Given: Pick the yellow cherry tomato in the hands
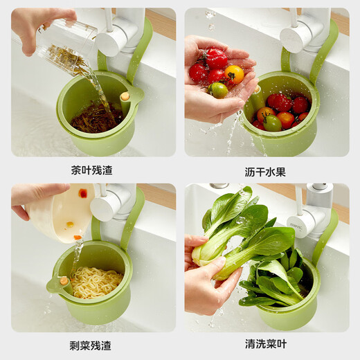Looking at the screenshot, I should pos(235,73).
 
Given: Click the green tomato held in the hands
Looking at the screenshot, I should pos(219,90).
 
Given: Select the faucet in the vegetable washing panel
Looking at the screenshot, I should pos(308,215).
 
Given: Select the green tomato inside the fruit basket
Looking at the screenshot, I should pos(273,123).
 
